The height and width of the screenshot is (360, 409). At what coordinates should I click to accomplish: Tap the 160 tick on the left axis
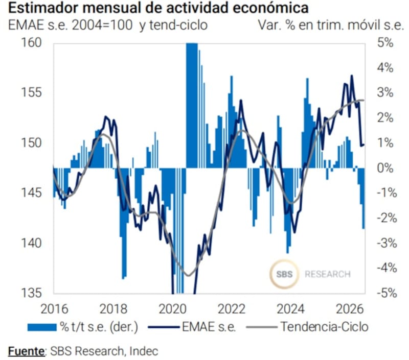tap(31, 42)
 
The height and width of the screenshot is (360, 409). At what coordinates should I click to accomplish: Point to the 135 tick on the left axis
tap(31, 293)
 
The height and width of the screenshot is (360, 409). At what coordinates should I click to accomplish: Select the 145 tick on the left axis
tap(31, 193)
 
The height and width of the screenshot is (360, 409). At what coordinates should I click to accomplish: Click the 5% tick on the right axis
tap(385, 42)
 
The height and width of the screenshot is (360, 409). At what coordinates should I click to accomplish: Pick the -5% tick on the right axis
tap(387, 293)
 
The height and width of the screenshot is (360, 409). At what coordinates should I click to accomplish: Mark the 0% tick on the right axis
tap(385, 168)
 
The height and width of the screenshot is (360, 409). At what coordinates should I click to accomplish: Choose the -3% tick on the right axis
tap(387, 243)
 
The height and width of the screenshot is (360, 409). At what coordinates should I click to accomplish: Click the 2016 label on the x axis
tap(54, 309)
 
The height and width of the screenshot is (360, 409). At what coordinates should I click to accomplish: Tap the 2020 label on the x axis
tap(172, 309)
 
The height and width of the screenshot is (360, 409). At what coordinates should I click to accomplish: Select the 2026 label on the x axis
tap(350, 309)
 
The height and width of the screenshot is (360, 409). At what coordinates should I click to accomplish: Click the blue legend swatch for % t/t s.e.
tap(42, 327)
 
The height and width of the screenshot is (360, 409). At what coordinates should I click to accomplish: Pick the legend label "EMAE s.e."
tap(209, 327)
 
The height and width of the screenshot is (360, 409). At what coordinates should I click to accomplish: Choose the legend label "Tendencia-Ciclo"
tap(324, 327)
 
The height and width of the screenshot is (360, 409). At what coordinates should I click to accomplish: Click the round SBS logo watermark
tap(284, 274)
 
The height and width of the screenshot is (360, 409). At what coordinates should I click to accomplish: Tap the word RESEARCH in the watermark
tap(328, 274)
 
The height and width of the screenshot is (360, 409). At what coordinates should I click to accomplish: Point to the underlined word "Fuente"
tap(26, 351)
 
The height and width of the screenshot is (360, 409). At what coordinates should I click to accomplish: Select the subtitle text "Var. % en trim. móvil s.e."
tap(331, 25)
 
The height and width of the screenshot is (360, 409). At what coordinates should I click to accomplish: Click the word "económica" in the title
tap(270, 8)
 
